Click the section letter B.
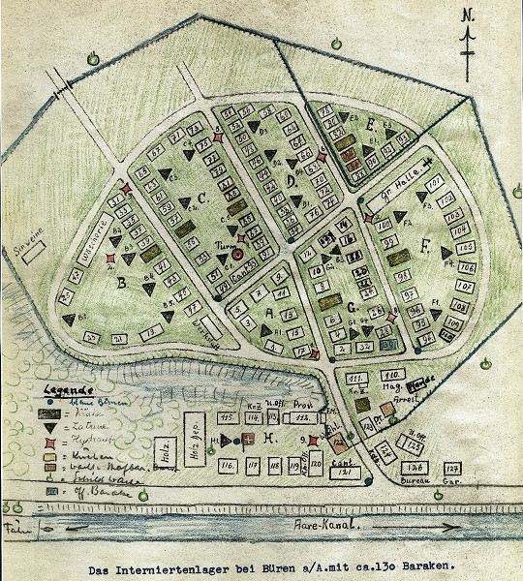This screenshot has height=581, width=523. point(123,284)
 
